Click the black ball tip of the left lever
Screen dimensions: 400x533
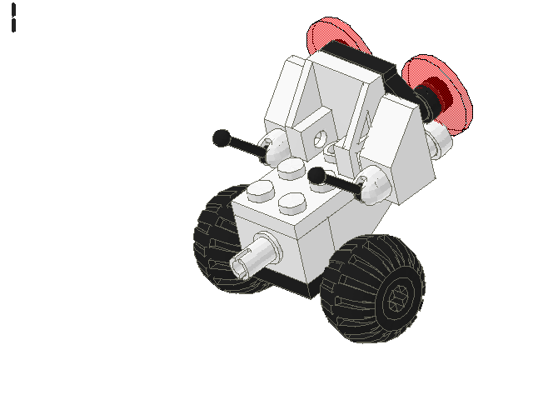click(x=221, y=137)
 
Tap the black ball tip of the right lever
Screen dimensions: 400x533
click(x=316, y=175)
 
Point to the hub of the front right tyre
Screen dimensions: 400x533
click(x=397, y=297)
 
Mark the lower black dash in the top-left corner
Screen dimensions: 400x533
click(x=14, y=25)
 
